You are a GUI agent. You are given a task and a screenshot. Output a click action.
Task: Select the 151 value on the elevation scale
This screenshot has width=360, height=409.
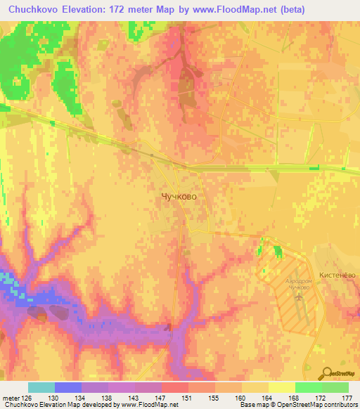[x=188, y=397]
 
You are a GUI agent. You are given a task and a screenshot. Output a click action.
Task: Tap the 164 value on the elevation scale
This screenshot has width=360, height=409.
[x=268, y=397]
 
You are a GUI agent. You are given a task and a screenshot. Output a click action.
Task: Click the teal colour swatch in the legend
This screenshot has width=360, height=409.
[x=41, y=387]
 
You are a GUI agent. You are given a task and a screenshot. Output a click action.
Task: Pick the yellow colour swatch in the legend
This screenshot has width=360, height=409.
[x=281, y=387]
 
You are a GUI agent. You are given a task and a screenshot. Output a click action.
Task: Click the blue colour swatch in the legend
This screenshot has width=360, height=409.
[x=68, y=387]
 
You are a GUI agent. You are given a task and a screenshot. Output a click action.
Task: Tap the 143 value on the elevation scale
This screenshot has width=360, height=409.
[x=134, y=397]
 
